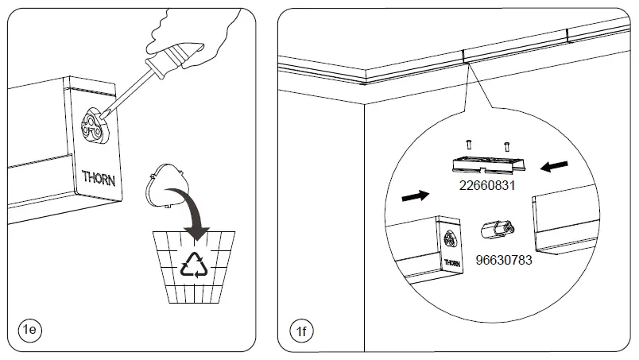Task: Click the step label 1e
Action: (29, 329)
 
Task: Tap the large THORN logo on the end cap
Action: (99, 177)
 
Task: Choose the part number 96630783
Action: (504, 259)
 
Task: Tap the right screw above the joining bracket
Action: (505, 146)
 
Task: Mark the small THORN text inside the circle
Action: (451, 261)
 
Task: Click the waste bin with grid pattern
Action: (193, 266)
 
